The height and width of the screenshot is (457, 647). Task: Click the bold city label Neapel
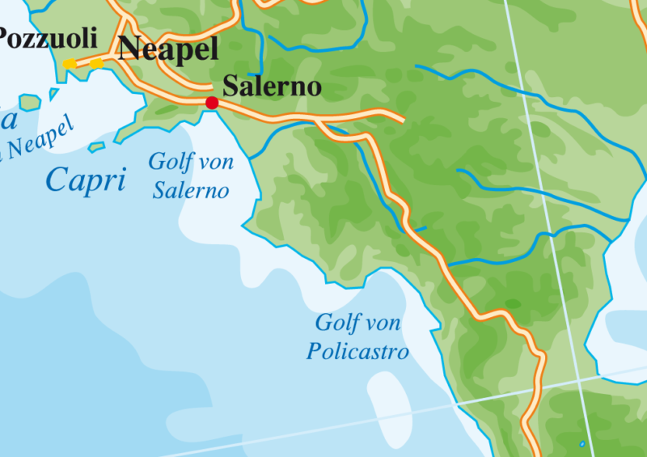pyautogui.click(x=168, y=49)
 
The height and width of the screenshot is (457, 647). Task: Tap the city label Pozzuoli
pyautogui.click(x=47, y=37)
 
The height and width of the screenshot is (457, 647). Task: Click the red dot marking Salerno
pyautogui.click(x=212, y=103)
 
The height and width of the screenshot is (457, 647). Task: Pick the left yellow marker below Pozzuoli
pyautogui.click(x=70, y=64)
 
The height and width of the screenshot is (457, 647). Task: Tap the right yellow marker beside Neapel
pyautogui.click(x=96, y=63)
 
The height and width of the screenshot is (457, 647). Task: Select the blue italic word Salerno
pyautogui.click(x=191, y=191)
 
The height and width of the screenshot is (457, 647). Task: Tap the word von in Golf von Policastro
pyautogui.click(x=383, y=324)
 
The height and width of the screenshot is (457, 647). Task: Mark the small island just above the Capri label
pyautogui.click(x=97, y=147)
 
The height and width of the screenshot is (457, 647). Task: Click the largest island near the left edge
pyautogui.click(x=30, y=103)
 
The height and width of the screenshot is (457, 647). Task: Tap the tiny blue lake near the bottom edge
pyautogui.click(x=581, y=444)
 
